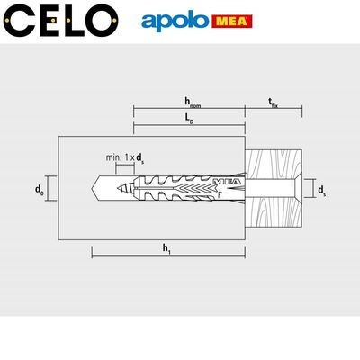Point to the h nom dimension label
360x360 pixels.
coord(191,103)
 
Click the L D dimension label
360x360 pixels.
coord(187,120)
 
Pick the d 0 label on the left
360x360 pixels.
coord(39,189)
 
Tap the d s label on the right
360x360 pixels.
coord(321,189)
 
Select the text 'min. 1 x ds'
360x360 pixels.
coord(125,158)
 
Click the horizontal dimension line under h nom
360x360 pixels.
coord(189,112)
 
